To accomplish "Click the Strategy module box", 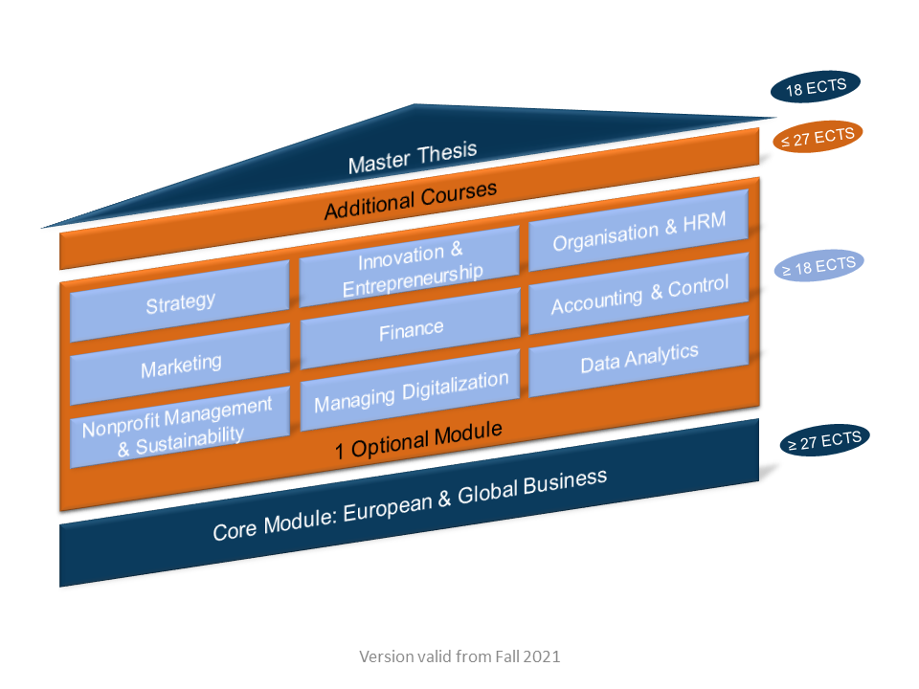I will [180, 302].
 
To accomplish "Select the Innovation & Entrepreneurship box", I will [410, 264].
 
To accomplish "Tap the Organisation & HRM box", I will [639, 232].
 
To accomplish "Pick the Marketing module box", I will [181, 365].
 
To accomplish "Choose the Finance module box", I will [411, 329].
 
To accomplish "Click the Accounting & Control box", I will [639, 294].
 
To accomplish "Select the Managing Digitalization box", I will [411, 392].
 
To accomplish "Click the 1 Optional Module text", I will [418, 441].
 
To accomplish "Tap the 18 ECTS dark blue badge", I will [816, 87].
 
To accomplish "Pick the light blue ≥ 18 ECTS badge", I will [818, 266].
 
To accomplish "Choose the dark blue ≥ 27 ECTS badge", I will [823, 441].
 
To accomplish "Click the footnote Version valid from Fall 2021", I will [459, 657].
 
